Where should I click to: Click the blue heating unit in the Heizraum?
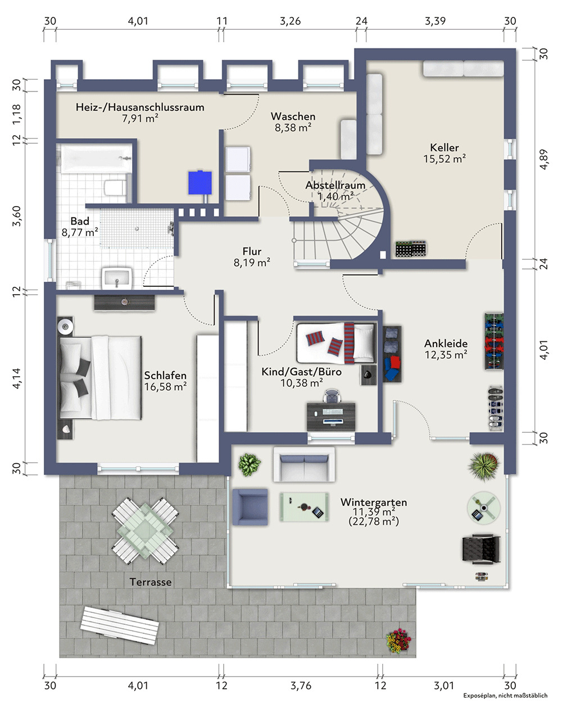200,182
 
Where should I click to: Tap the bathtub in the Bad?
96,158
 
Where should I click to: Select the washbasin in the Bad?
117,278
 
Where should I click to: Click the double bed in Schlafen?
100,378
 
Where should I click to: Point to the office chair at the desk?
332,396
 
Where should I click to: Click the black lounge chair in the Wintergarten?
482,549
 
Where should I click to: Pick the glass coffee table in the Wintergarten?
304,507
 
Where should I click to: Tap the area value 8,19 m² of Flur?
252,262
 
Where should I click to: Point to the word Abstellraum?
336,185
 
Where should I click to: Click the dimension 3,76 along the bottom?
301,685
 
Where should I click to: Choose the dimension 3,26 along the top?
291,21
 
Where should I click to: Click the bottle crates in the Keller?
411,249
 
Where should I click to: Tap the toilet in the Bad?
115,188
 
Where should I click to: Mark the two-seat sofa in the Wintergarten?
304,464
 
